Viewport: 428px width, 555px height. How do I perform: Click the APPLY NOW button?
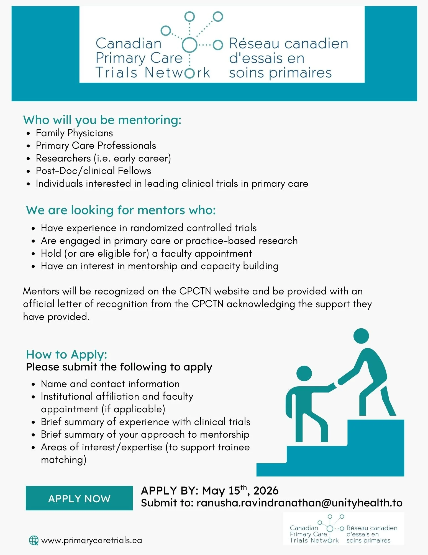coord(79,498)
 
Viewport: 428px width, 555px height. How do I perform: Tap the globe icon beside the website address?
coord(34,540)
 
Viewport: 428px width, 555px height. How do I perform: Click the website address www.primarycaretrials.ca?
coord(91,540)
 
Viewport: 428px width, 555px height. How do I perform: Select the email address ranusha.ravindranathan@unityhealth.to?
coord(299,503)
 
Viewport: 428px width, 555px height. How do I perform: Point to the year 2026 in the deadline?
coord(266,491)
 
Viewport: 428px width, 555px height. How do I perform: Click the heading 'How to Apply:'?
coord(66,354)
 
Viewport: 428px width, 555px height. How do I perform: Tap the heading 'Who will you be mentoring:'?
coord(102,120)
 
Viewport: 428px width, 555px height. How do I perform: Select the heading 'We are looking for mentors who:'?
coord(121,210)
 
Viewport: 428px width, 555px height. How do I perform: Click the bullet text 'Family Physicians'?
coord(74,133)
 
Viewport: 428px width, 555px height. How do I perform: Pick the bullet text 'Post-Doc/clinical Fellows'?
coord(93,171)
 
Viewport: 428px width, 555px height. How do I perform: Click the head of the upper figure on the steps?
coord(361,336)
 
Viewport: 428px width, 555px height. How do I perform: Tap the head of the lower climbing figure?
coord(304,373)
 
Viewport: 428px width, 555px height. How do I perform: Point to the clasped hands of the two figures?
coord(335,385)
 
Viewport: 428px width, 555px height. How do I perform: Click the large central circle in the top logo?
coord(189,44)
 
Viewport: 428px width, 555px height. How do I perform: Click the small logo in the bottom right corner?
coord(343,529)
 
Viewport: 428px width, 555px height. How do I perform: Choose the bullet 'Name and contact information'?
coord(110,384)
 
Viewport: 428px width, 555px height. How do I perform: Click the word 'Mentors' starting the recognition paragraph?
coord(41,291)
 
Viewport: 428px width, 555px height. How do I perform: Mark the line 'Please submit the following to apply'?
coord(119,367)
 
